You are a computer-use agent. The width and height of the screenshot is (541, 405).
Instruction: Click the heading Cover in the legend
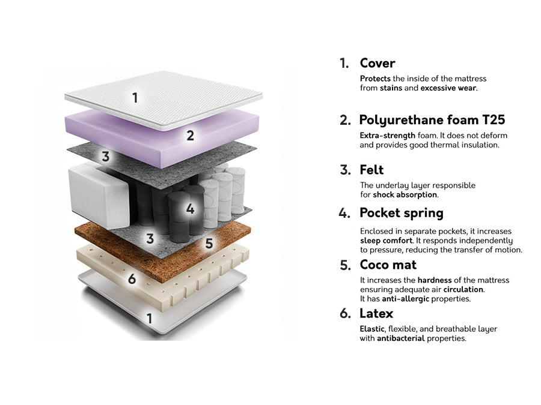click(377, 63)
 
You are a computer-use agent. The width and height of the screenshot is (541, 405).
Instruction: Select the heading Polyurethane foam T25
click(432, 120)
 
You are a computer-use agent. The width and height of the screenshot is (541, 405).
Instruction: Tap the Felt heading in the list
click(371, 170)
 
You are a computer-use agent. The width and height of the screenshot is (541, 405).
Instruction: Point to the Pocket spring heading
click(402, 213)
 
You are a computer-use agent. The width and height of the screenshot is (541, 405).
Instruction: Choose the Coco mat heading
click(388, 265)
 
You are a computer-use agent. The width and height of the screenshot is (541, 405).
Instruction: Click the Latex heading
click(376, 313)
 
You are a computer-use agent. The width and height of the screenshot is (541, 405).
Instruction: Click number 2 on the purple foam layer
click(190, 136)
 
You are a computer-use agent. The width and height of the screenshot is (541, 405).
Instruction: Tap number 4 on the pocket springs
click(190, 209)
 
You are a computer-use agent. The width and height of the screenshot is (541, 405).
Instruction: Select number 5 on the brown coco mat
click(209, 244)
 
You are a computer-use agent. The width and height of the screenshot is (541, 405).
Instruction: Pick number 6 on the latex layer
click(132, 279)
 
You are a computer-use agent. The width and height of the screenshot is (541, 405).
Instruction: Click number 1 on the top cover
click(135, 98)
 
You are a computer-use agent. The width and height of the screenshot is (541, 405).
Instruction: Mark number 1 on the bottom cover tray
click(149, 319)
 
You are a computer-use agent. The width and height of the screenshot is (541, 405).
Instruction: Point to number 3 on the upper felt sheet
click(105, 157)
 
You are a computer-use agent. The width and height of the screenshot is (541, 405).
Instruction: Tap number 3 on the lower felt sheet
click(150, 238)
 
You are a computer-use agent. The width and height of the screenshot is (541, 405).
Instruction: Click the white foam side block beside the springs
click(99, 196)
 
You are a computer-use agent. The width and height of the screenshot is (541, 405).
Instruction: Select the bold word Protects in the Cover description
click(375, 79)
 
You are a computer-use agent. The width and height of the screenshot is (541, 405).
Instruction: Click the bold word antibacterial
click(400, 338)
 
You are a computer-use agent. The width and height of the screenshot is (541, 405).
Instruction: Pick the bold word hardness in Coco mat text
click(435, 280)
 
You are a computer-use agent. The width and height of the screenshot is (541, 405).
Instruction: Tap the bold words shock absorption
click(405, 194)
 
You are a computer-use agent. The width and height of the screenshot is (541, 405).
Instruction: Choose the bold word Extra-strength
click(387, 136)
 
